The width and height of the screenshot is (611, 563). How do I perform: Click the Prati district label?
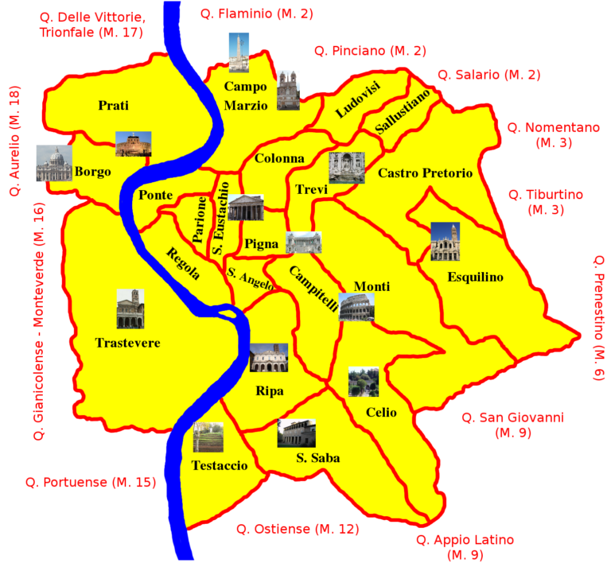pos(113,105)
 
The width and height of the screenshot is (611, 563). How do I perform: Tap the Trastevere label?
pos(127,344)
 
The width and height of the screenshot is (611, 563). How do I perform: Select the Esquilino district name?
pos(475,278)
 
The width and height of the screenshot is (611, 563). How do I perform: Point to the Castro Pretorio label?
pos(425,173)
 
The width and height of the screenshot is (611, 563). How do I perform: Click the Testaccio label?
pos(220,466)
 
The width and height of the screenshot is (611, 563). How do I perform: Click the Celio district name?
pos(381,413)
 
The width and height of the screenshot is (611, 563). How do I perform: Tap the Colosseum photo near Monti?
pos(356,307)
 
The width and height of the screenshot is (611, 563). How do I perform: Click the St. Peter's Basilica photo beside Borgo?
pos(53,163)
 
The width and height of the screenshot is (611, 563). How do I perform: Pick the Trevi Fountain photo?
pos(346,168)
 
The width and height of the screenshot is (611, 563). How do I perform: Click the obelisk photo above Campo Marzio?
pos(239,52)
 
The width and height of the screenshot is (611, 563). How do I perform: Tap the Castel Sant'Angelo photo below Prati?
pos(133,144)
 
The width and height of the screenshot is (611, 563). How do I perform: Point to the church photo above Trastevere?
pos(130,309)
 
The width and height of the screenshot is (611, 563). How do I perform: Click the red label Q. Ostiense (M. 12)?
pos(297,529)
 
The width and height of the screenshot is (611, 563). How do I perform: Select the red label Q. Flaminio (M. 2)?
pos(245,14)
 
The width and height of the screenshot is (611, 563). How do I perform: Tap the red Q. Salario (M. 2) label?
pos(488,75)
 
